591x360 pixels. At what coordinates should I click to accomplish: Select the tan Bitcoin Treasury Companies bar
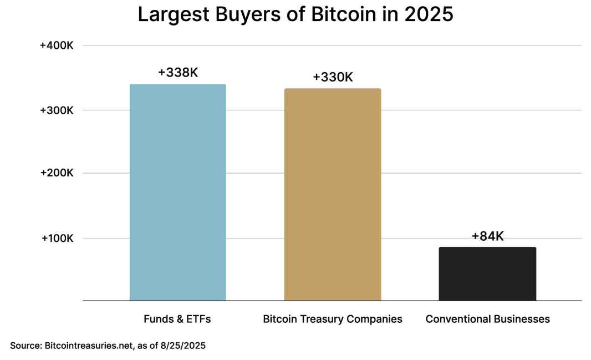click(x=333, y=194)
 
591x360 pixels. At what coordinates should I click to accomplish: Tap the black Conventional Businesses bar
click(x=487, y=273)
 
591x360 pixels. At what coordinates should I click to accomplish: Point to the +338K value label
click(x=177, y=72)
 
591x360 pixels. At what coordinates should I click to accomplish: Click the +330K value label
click(x=333, y=77)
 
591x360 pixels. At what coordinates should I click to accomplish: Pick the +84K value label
click(x=487, y=236)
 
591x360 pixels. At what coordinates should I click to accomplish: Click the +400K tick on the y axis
click(x=57, y=45)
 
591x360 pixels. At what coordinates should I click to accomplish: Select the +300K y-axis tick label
click(x=57, y=110)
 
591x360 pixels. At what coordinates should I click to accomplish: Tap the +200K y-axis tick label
click(x=57, y=173)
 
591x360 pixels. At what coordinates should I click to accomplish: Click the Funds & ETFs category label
click(x=177, y=319)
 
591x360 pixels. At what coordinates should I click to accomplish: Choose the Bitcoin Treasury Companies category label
click(x=333, y=319)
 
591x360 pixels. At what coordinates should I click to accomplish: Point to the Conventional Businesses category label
click(x=487, y=319)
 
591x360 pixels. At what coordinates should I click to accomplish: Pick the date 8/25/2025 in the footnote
click(x=184, y=345)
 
